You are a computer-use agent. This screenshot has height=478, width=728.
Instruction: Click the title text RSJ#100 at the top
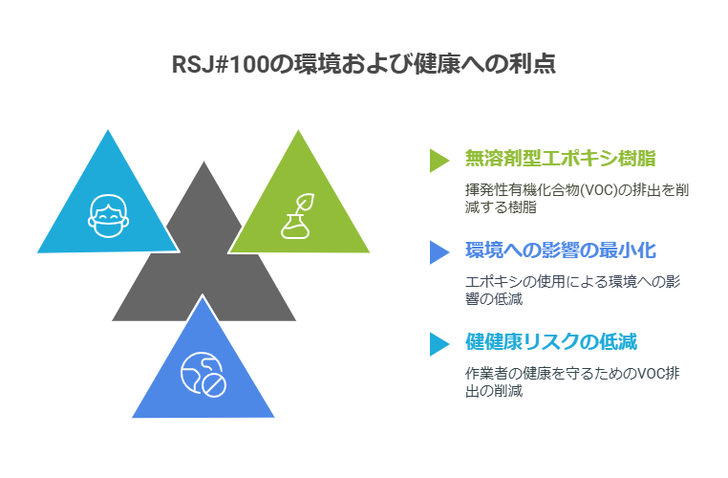point(221,64)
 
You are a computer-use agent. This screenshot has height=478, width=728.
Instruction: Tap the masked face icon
point(108,216)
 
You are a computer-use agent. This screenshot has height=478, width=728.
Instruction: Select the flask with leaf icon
point(298,216)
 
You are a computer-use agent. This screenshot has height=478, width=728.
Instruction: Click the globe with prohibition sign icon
point(203,376)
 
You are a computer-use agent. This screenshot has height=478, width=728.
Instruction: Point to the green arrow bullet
point(439,161)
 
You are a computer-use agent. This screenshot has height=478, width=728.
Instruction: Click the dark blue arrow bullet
point(439,252)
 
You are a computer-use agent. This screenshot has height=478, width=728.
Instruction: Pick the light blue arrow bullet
point(439,344)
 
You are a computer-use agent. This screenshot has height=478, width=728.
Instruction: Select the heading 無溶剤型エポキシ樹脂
point(561,159)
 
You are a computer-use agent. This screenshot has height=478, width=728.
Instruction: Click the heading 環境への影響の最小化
point(561,250)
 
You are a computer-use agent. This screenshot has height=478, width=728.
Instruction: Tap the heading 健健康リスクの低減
point(551,342)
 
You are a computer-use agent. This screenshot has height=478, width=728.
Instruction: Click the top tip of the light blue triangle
point(108,130)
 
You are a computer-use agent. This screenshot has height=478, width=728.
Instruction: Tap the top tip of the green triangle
point(298,130)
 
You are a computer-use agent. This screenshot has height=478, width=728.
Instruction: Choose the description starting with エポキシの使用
point(573,290)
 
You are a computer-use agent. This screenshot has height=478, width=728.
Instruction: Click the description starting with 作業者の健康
point(572,381)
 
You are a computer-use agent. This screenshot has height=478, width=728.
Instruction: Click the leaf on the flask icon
point(305,203)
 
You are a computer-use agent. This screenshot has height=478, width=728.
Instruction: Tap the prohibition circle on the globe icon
point(215,385)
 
